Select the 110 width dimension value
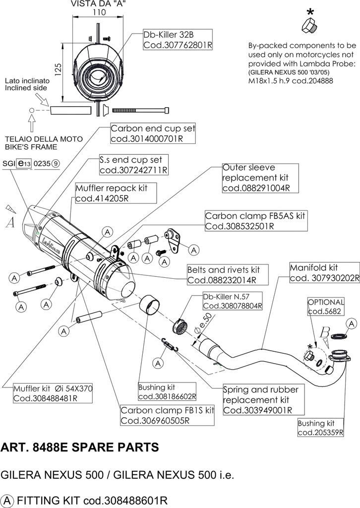point(99,12)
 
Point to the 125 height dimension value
point(58,69)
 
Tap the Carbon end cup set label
point(153,133)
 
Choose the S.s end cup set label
point(134,165)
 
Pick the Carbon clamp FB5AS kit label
point(256,221)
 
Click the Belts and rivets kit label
point(228,275)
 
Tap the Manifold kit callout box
point(324,273)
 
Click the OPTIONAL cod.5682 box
point(326,307)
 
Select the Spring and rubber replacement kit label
point(263,400)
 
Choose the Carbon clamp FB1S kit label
point(167,415)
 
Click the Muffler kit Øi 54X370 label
point(53,393)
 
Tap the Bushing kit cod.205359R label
point(320,428)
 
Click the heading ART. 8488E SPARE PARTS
point(80,447)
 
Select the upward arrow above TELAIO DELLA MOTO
point(32,123)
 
